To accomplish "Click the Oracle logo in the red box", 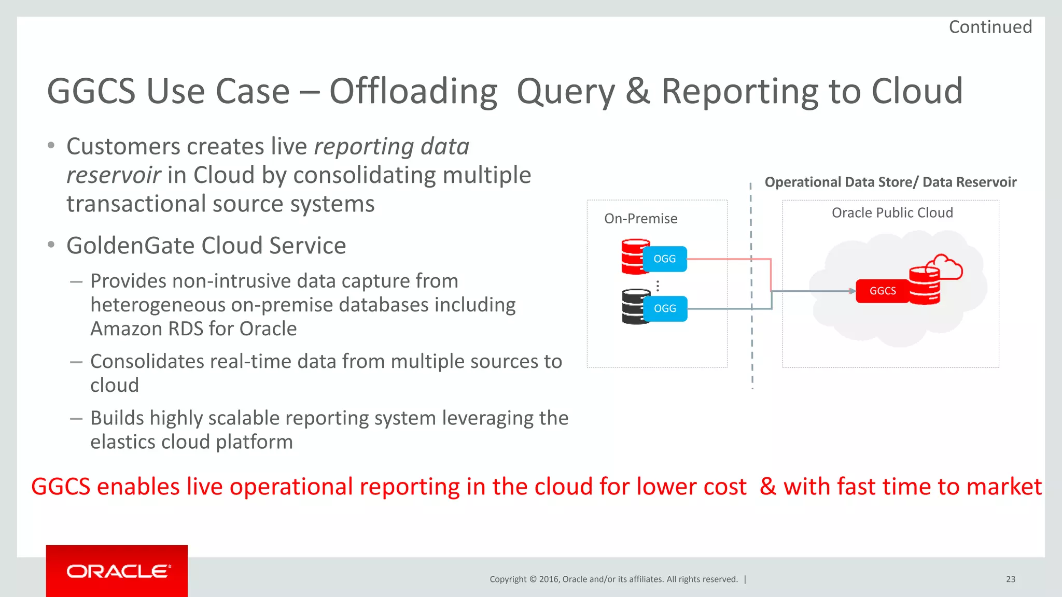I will click(118, 571).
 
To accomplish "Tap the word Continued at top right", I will click(990, 27).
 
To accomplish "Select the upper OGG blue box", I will click(665, 259).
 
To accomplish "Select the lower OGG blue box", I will click(665, 308).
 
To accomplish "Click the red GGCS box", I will click(882, 291).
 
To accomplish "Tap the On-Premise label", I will click(640, 219).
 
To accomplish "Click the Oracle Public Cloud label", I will click(892, 212).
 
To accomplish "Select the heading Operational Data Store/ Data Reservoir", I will click(890, 182).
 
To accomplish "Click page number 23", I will click(1010, 579).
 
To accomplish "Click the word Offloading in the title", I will click(413, 92).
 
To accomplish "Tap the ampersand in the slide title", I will click(637, 92).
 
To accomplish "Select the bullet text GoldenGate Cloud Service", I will click(206, 246).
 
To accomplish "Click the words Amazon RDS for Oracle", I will click(193, 329).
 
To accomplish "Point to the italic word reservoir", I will click(114, 175).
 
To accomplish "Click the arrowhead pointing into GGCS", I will click(851, 291).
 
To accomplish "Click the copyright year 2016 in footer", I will click(549, 579).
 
